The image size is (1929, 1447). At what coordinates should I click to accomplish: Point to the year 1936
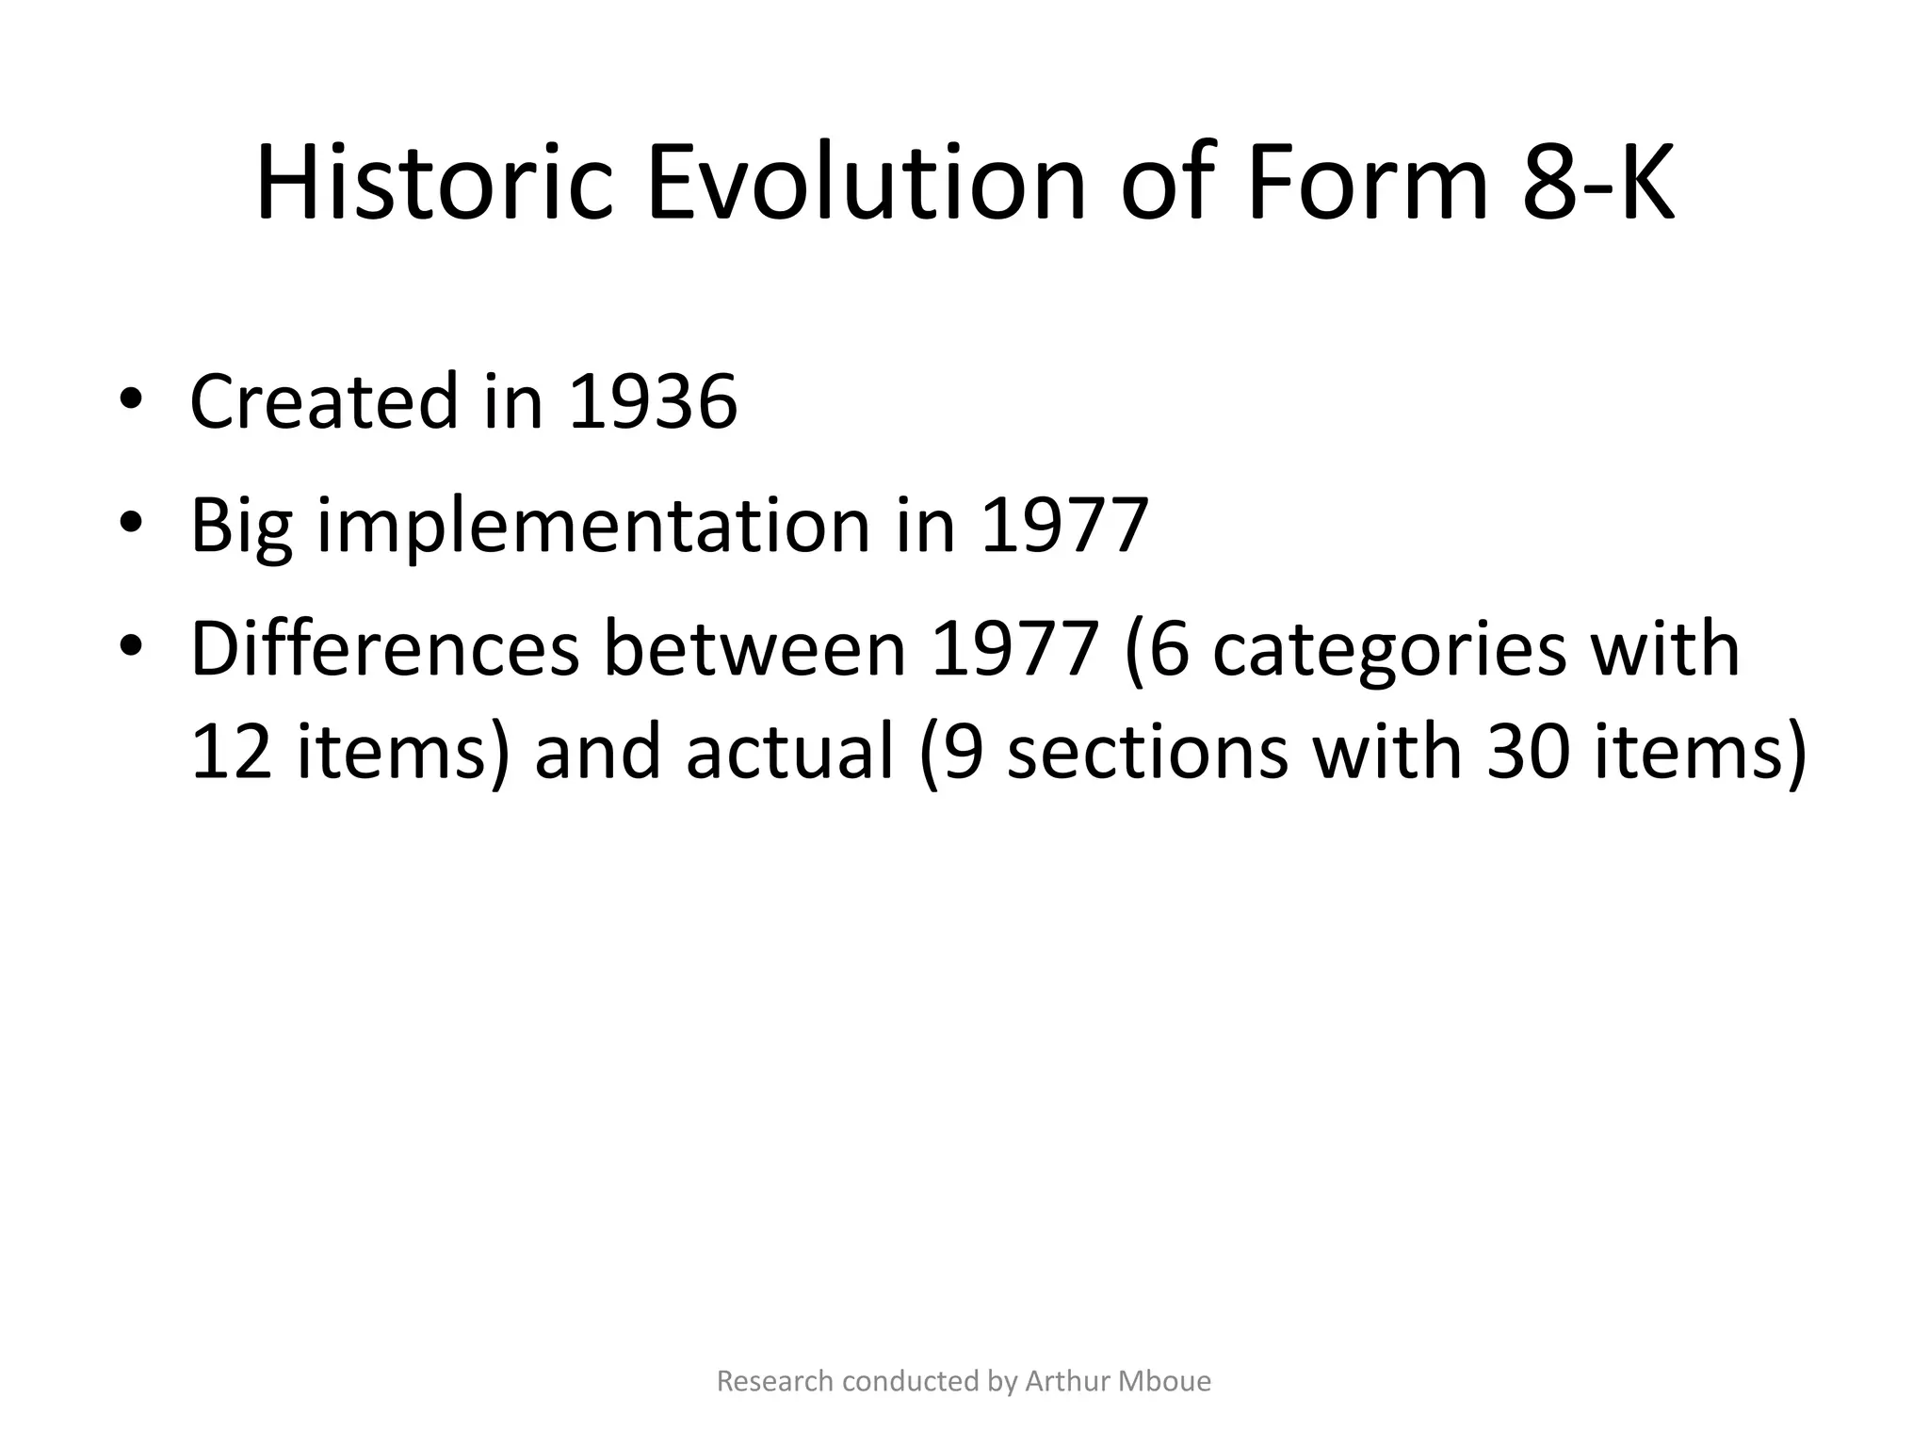pos(653,402)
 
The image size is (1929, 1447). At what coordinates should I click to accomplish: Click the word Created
pos(324,402)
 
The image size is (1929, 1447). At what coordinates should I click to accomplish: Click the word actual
pos(789,753)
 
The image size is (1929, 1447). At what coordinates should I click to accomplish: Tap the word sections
pos(1146,753)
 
